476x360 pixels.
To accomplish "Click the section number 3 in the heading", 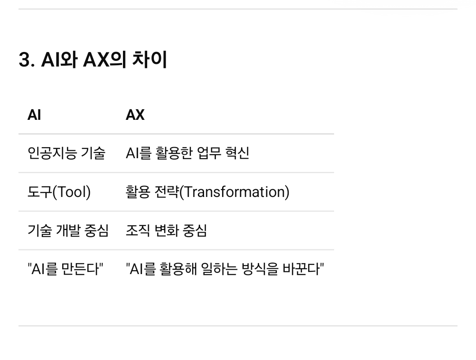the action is tap(25, 59).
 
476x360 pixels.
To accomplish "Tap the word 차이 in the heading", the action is tap(150, 59).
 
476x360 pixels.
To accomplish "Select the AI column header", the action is tap(34, 115).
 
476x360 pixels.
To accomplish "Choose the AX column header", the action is tap(135, 115).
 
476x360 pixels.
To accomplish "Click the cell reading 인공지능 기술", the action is tap(67, 153).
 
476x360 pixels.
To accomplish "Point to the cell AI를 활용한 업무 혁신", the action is tap(188, 153).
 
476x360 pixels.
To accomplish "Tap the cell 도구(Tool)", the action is tap(59, 192).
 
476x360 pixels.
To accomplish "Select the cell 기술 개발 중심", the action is tap(68, 230).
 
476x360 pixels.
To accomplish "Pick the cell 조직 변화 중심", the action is tap(166, 230).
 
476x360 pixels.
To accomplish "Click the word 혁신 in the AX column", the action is tap(238, 153).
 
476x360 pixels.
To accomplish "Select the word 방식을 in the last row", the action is tap(260, 269).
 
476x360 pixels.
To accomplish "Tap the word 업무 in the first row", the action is tap(209, 153).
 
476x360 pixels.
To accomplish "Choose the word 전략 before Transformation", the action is tap(167, 192).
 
